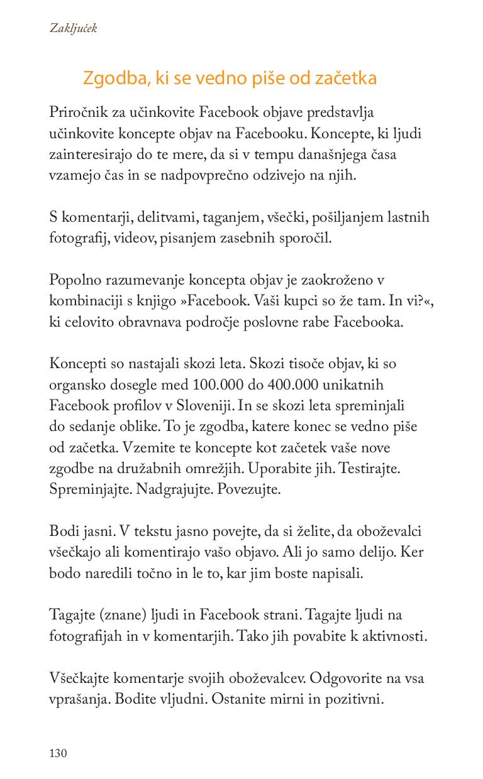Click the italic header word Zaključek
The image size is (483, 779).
point(73,28)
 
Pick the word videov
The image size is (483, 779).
point(133,238)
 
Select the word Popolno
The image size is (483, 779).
point(73,280)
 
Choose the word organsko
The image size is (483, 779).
point(76,384)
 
